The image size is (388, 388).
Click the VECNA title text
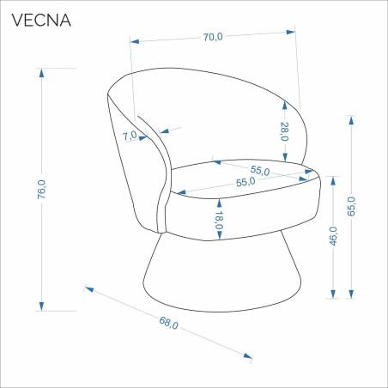(x=41, y=20)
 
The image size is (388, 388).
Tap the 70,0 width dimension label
(x=213, y=37)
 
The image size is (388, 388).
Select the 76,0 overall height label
(x=41, y=190)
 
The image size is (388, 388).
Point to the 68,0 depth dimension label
(x=168, y=323)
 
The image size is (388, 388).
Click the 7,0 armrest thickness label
(x=130, y=136)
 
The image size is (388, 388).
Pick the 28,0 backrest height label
(x=284, y=131)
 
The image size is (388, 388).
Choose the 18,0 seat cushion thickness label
(x=219, y=220)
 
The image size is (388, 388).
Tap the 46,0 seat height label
(x=333, y=236)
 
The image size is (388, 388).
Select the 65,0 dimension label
(x=351, y=206)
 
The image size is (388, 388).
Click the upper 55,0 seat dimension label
(x=260, y=170)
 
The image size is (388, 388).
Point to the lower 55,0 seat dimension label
(x=246, y=182)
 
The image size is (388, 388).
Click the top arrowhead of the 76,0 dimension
(x=42, y=73)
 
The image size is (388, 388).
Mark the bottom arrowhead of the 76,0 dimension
(x=42, y=306)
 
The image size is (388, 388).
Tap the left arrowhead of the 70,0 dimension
(x=135, y=41)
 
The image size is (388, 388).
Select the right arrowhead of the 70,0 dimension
(x=291, y=32)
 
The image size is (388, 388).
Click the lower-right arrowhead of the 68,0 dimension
(x=248, y=356)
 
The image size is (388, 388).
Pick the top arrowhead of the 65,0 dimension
(x=351, y=120)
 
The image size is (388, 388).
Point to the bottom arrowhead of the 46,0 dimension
(x=333, y=294)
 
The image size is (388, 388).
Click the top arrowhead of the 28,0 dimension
(x=284, y=106)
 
